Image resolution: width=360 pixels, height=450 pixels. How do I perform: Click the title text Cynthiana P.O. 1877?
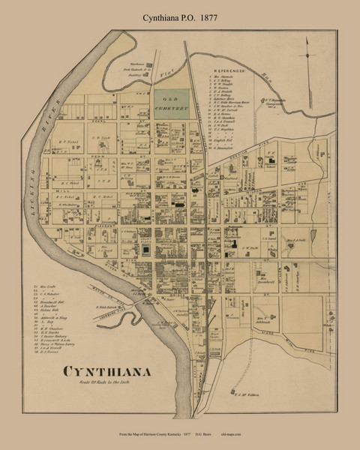click(179, 13)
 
